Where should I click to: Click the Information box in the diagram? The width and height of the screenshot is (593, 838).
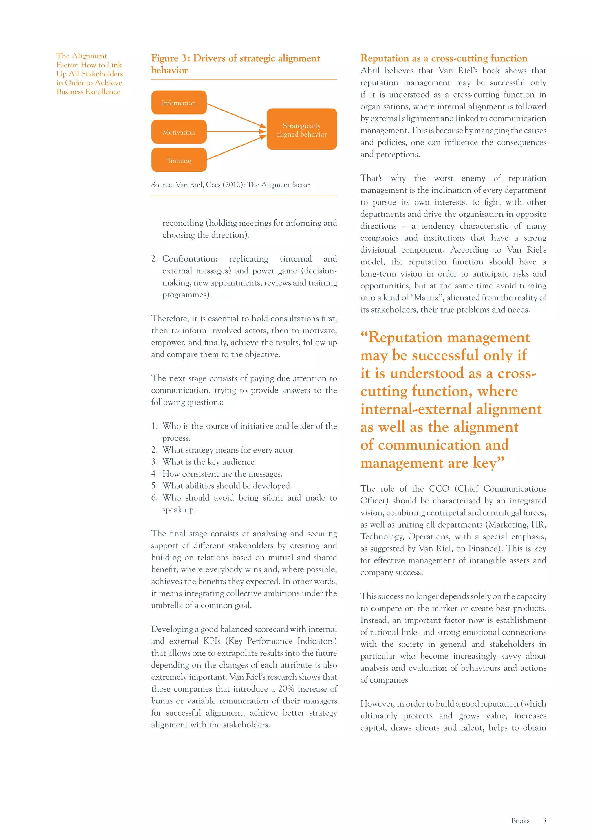pyautogui.click(x=179, y=102)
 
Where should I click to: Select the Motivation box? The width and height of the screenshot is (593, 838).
pyautogui.click(x=179, y=132)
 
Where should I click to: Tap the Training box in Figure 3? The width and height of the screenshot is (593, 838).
pyautogui.click(x=179, y=160)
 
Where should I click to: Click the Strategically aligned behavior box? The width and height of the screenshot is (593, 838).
pyautogui.click(x=302, y=129)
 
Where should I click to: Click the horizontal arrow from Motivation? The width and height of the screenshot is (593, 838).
pyautogui.click(x=235, y=131)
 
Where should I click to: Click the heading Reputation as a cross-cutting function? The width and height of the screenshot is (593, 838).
pyautogui.click(x=444, y=58)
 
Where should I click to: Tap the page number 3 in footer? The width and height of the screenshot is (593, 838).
pyautogui.click(x=544, y=820)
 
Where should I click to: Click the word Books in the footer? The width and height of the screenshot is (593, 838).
pyautogui.click(x=520, y=820)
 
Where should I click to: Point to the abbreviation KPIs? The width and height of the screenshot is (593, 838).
pyautogui.click(x=212, y=641)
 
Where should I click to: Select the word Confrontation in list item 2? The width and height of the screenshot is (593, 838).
pyautogui.click(x=190, y=259)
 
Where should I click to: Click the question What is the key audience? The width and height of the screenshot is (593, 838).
pyautogui.click(x=209, y=462)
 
